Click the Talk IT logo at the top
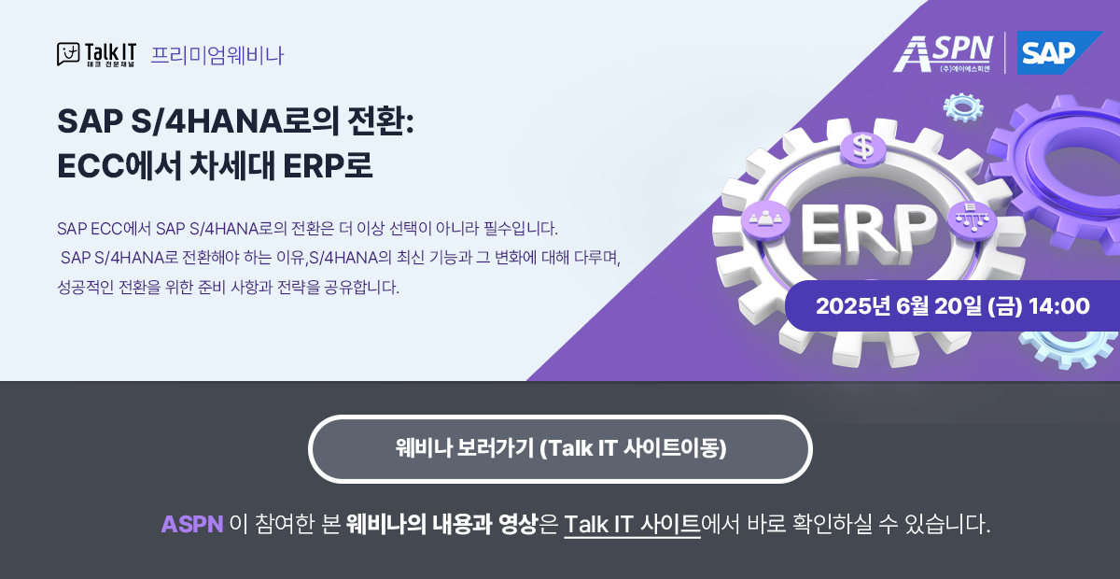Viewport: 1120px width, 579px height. pyautogui.click(x=96, y=54)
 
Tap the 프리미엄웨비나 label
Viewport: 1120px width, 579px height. pyautogui.click(x=217, y=55)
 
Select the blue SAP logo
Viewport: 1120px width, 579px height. pyautogui.click(x=1047, y=53)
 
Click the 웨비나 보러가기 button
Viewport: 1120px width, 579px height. pyautogui.click(x=560, y=448)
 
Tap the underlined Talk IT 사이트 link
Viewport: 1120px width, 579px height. pyautogui.click(x=632, y=524)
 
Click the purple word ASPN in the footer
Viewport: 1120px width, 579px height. pyautogui.click(x=191, y=524)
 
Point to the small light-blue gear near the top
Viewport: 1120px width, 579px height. pyautogui.click(x=963, y=107)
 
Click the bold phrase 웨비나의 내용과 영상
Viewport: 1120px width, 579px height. pyautogui.click(x=442, y=524)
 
